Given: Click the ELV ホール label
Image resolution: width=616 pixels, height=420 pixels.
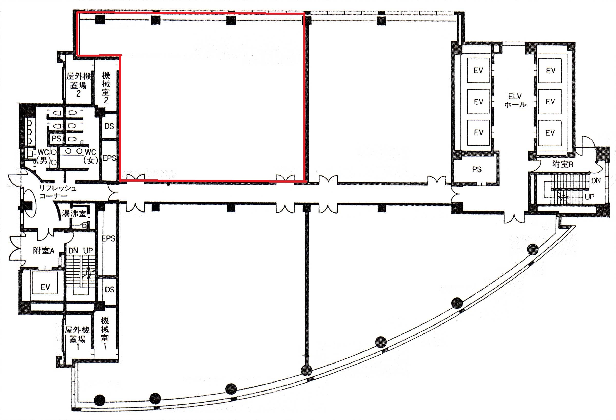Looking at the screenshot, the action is pos(515,100).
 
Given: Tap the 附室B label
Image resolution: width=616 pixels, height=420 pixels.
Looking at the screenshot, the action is pos(562,164).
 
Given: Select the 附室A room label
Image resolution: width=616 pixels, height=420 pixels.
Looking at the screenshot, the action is pos(43,250).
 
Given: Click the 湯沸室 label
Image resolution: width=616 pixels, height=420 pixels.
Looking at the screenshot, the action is pos(74,213).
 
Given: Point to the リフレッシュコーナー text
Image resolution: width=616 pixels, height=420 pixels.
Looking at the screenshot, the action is pos(58,192).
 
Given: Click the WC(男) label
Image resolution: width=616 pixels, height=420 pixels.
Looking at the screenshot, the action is pos(43,156).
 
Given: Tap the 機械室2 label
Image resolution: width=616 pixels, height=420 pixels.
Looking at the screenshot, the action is pos(106,88).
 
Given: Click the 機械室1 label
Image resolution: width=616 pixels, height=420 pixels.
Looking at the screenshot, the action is pos(105,333).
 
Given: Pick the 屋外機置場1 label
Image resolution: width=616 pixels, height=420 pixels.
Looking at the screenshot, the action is pos(78,338).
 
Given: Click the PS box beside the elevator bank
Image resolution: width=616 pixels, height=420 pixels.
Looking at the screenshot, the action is pos(477,169).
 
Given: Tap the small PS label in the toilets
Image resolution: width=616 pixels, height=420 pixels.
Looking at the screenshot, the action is pos(56,138).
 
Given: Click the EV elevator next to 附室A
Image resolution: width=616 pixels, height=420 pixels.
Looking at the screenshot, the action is pos(45,287).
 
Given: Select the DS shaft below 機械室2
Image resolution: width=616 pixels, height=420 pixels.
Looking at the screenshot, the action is pos(109,126).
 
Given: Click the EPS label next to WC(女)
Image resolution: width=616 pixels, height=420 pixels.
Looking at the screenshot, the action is pos(109,158).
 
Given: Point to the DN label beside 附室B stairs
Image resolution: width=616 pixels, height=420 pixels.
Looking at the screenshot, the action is pos(596,180).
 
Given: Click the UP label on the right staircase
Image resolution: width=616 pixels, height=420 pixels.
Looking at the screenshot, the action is pos(590,197).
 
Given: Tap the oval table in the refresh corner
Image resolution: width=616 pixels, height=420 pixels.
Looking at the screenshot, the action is pos(29,204).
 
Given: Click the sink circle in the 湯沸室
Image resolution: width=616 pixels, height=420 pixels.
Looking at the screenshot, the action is pos(84,226).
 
